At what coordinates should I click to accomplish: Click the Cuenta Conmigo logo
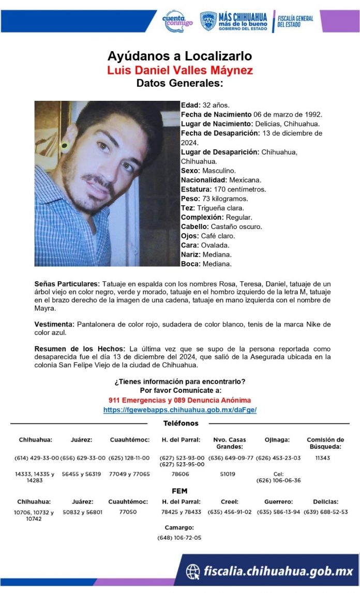177,21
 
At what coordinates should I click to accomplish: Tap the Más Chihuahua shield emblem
208,21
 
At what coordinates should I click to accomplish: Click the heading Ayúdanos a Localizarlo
179,56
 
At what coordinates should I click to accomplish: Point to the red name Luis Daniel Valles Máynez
179,70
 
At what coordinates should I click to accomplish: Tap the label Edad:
190,105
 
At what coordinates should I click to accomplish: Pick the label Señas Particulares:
67,284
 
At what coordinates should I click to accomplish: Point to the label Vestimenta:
54,324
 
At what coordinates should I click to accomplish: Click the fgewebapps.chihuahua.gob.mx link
179,409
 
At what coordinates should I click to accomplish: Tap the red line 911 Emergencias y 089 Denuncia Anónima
179,400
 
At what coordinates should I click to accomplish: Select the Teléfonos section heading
181,423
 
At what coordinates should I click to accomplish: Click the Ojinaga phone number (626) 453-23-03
278,458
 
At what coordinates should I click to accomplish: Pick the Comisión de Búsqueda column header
325,443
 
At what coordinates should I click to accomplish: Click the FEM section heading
179,491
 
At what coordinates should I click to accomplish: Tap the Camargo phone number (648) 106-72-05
179,538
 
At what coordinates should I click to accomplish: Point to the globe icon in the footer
193,571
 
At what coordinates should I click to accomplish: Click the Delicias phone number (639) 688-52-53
326,512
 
